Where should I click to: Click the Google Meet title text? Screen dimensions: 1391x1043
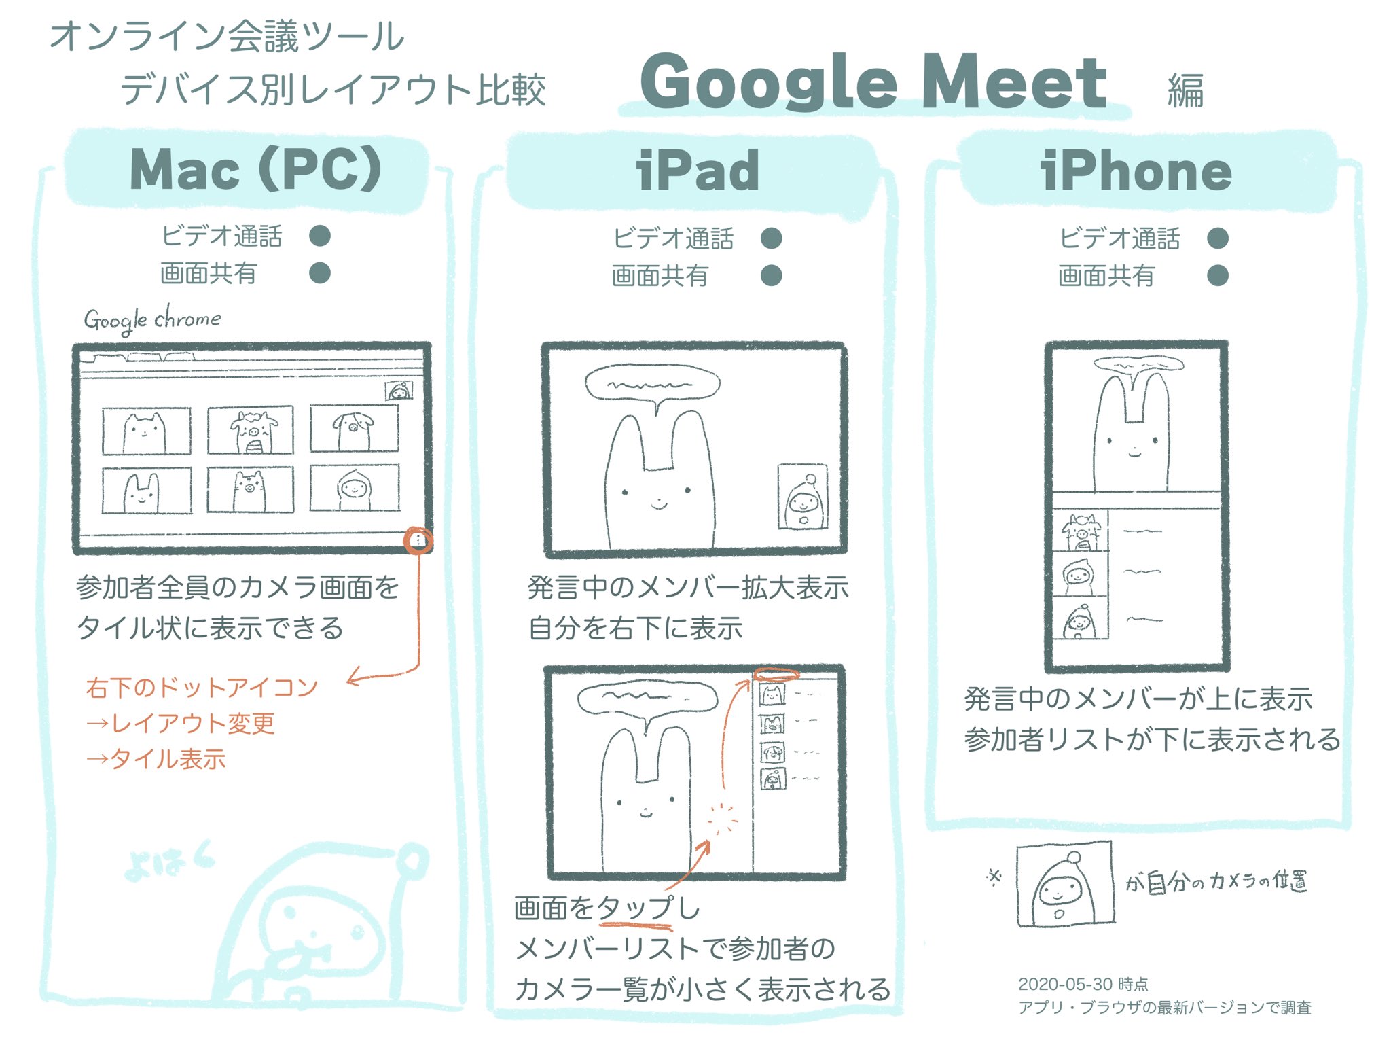tap(873, 83)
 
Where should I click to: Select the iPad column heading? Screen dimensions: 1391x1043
tap(698, 171)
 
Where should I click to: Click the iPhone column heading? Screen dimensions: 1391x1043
tap(1136, 171)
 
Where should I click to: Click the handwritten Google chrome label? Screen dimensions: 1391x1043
tap(152, 319)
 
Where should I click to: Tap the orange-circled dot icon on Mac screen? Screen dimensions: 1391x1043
tap(418, 540)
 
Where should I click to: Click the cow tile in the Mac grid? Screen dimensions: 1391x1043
tap(251, 430)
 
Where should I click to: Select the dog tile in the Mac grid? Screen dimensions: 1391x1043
tap(354, 429)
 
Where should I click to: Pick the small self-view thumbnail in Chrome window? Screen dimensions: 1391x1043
tap(399, 391)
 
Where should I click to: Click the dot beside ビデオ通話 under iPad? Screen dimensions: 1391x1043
tap(771, 238)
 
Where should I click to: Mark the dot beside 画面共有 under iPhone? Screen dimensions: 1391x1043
tap(1217, 275)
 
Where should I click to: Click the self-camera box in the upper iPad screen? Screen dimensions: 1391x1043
tap(802, 497)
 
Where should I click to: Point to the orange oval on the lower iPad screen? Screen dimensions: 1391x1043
tap(776, 675)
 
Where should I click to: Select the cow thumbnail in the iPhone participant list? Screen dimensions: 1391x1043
tap(1080, 531)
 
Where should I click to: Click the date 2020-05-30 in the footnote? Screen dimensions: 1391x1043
tap(1064, 984)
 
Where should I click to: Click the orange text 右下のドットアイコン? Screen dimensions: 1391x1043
tap(202, 688)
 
